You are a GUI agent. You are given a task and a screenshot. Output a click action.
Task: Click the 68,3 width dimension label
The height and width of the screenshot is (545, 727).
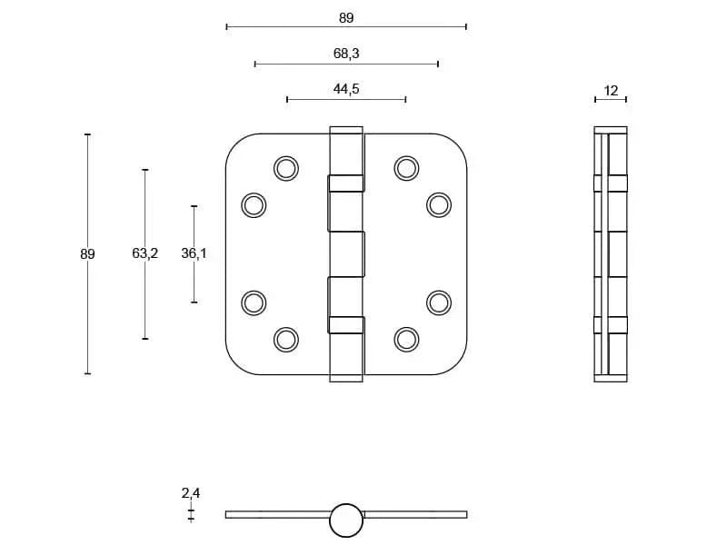pos(346,54)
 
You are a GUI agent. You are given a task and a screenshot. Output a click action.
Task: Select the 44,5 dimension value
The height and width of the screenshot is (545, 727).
pos(346,88)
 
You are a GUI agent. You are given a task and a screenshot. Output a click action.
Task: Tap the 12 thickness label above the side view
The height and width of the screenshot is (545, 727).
pos(611,90)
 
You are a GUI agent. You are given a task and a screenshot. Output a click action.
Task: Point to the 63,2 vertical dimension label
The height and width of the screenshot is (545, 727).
pos(144,253)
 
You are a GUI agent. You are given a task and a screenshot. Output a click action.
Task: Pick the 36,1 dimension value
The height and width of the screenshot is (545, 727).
pos(194,253)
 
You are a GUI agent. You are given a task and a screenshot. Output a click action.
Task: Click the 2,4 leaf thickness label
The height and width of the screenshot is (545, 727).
pos(191,493)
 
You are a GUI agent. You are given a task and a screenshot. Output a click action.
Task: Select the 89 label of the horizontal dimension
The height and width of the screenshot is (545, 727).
pos(346,17)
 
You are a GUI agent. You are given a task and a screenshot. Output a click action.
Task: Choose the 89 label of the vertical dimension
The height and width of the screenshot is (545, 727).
pos(87,254)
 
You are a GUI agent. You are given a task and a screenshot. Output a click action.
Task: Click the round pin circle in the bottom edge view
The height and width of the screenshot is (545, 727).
pos(345,520)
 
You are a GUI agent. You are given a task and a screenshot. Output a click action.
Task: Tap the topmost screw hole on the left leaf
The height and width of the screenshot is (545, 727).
pos(285,168)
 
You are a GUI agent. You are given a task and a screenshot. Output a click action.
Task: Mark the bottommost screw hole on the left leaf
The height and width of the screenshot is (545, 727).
pos(285,339)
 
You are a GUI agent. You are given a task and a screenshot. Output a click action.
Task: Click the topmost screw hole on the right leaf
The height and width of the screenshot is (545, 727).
pos(406,168)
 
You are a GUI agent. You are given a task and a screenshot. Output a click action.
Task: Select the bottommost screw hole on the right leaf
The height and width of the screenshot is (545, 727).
pos(406,339)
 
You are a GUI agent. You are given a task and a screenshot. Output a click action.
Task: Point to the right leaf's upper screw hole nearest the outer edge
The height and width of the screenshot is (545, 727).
pos(439,205)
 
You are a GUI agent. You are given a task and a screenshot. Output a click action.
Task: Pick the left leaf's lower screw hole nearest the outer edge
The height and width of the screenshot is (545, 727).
pos(254,302)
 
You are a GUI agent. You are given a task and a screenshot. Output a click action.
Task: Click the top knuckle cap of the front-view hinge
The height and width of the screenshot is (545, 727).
pos(346,131)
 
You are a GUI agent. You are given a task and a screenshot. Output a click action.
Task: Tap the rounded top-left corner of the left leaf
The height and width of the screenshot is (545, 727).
pos(235,144)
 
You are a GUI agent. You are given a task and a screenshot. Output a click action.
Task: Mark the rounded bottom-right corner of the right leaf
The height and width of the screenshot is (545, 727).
pos(457,364)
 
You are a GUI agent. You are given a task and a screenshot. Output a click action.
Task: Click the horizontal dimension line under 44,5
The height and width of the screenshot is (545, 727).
pos(346,99)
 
